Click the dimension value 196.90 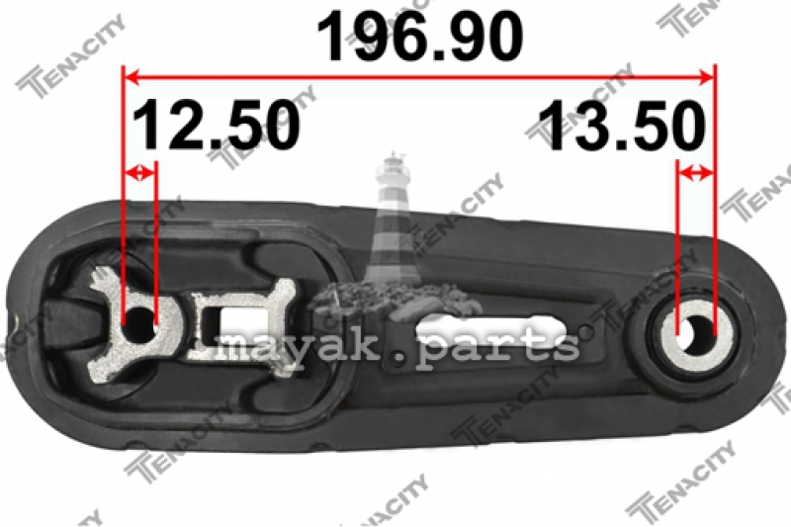point(419,37)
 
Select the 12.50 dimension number point(217,124)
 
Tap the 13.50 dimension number point(622,125)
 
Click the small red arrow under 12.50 point(139,173)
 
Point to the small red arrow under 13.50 point(695,173)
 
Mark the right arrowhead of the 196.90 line point(706,77)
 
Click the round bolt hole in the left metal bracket point(138,324)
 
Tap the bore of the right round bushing point(694,332)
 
